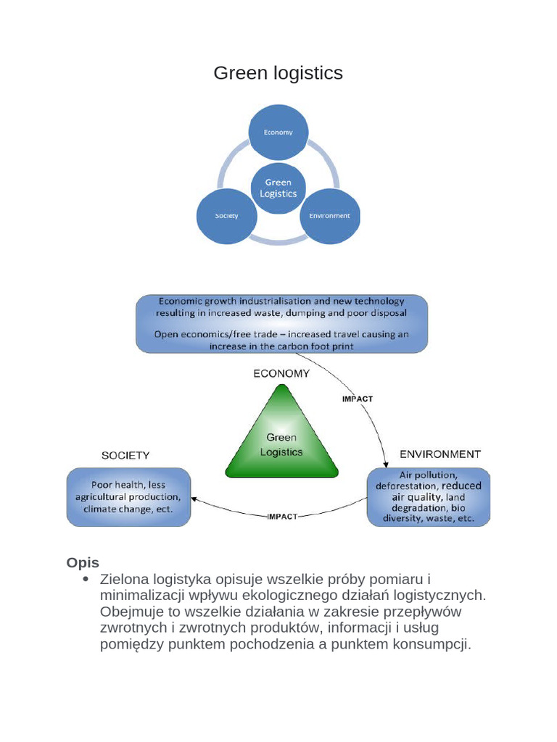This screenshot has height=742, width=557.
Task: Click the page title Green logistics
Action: [278, 73]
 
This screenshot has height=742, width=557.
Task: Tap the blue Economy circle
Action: [278, 132]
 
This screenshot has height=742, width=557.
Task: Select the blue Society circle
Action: [226, 216]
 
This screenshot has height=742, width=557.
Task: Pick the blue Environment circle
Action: [330, 216]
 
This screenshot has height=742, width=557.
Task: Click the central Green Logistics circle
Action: [278, 188]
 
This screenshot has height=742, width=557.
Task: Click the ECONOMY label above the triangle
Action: [281, 374]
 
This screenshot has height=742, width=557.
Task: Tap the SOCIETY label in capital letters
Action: [125, 455]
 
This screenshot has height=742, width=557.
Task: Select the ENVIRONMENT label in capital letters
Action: [440, 454]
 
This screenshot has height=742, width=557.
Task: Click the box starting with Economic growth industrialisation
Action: [281, 323]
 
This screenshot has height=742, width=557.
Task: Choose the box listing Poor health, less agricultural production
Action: [129, 497]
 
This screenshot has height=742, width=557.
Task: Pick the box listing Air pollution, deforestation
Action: [428, 497]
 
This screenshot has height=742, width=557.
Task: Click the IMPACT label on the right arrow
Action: [357, 399]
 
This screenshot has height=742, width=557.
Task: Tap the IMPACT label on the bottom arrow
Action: [283, 517]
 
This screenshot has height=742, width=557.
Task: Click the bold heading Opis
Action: [83, 562]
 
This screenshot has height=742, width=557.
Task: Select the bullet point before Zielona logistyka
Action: [86, 579]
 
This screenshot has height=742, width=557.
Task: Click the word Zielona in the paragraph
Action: [124, 579]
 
